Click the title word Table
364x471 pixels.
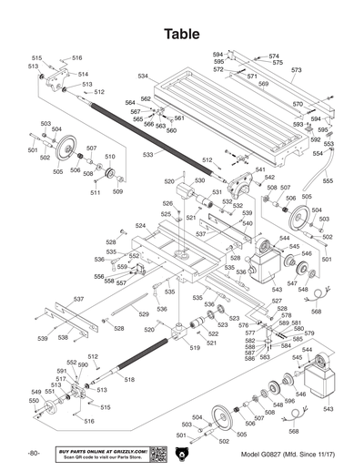pos(182,34)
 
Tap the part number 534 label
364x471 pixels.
pos(143,76)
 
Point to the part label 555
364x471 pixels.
pos(328,181)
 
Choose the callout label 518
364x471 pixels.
pos(129,379)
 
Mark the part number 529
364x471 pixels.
pos(143,314)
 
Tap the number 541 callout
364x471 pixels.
pos(259,170)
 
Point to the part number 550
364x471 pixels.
pos(34,400)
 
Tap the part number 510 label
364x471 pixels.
pos(110,157)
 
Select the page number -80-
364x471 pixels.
pos(34,453)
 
